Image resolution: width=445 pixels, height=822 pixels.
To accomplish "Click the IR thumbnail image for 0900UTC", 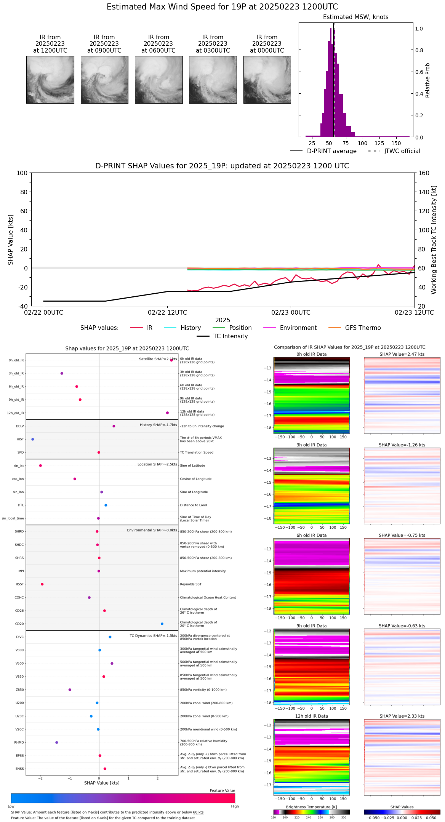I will pyautogui.click(x=104, y=80).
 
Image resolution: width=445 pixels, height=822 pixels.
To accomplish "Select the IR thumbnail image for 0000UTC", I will pyautogui.click(x=267, y=80).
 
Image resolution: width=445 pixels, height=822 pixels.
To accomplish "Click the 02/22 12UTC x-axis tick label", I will pyautogui.click(x=167, y=313).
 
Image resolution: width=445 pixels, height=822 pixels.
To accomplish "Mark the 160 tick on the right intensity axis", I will pyautogui.click(x=424, y=173).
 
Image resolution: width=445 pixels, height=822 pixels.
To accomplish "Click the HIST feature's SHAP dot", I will pyautogui.click(x=33, y=439).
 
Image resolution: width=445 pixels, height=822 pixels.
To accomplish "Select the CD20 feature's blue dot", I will pyautogui.click(x=162, y=624).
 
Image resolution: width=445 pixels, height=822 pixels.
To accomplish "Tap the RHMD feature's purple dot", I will pyautogui.click(x=57, y=742).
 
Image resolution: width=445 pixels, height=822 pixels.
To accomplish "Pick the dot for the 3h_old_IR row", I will pyautogui.click(x=62, y=373).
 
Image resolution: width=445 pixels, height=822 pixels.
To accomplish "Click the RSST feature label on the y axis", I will pyautogui.click(x=20, y=584).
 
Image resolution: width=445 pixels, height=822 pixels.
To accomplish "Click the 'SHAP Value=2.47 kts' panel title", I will pyautogui.click(x=402, y=354).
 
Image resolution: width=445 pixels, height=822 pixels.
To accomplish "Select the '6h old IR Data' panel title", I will pyautogui.click(x=311, y=535).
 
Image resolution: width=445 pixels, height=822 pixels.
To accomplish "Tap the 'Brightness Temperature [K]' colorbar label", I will pyautogui.click(x=311, y=807).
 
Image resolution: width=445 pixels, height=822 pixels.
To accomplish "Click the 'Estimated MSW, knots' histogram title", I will pyautogui.click(x=355, y=17).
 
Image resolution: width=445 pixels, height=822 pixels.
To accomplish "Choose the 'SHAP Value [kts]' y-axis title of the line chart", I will pyautogui.click(x=11, y=240).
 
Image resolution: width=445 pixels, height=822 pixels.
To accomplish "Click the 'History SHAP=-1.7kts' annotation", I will pyautogui.click(x=158, y=425).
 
